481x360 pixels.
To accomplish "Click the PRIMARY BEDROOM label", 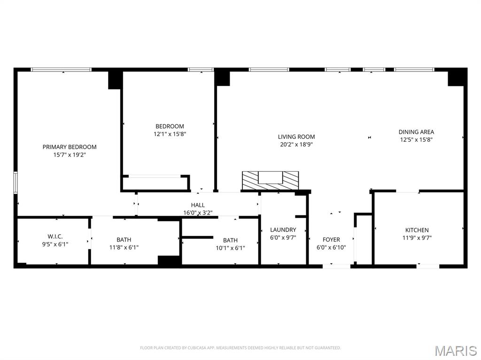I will pyautogui.click(x=70, y=147).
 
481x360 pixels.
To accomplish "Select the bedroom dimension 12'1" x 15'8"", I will pyautogui.click(x=170, y=134).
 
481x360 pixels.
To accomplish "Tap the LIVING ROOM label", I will pyautogui.click(x=296, y=137).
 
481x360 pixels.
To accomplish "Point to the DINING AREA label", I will pyautogui.click(x=416, y=132).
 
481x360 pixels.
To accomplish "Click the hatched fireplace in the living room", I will pyautogui.click(x=271, y=181).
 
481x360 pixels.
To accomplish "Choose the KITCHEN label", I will pyautogui.click(x=417, y=230).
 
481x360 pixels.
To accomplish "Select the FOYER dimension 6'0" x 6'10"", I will pyautogui.click(x=331, y=247).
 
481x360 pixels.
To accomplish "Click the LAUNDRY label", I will pyautogui.click(x=283, y=230).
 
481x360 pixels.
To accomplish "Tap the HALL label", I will pyautogui.click(x=198, y=205).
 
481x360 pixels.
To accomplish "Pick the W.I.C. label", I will pyautogui.click(x=55, y=237).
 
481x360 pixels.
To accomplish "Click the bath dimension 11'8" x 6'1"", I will pyautogui.click(x=124, y=247).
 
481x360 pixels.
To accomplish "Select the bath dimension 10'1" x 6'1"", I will pyautogui.click(x=230, y=248).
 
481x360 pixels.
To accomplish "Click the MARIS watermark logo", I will pyautogui.click(x=456, y=351).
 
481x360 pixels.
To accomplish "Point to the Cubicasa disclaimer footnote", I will pyautogui.click(x=240, y=348).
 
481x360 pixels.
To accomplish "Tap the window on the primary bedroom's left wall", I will pyautogui.click(x=16, y=182).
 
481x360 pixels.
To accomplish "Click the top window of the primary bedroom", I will pyautogui.click(x=61, y=69).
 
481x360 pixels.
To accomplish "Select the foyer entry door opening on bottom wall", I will pyautogui.click(x=336, y=266).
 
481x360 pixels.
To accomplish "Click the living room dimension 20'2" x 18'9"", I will pyautogui.click(x=296, y=145).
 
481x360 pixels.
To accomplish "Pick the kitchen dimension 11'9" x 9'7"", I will pyautogui.click(x=417, y=237).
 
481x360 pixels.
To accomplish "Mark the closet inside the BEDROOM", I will pyautogui.click(x=155, y=183).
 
